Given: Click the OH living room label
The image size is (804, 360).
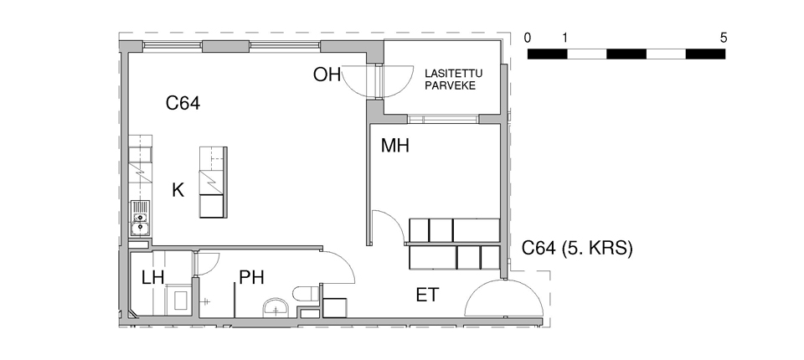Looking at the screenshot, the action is (x=327, y=75).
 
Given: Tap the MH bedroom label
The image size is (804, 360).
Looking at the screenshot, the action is (x=394, y=147).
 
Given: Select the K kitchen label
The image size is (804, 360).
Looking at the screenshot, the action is (x=178, y=191).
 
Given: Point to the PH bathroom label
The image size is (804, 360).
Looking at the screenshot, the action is (x=252, y=278).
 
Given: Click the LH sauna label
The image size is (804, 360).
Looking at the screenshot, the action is (x=152, y=278).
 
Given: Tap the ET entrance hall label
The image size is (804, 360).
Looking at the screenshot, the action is (x=427, y=296).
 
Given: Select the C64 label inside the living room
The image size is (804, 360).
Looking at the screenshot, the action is (x=183, y=104).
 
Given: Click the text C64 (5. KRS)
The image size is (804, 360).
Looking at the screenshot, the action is (x=577, y=249).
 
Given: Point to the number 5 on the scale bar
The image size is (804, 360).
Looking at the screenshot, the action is (x=724, y=38).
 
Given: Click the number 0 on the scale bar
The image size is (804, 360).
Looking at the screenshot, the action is (x=528, y=38).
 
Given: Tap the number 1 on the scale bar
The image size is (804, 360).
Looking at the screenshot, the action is (x=564, y=38).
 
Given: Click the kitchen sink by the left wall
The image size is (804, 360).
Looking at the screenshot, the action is (x=140, y=219).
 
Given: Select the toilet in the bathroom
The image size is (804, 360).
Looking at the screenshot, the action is (x=307, y=296).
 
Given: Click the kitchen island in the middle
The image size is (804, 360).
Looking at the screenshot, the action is (x=213, y=183).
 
